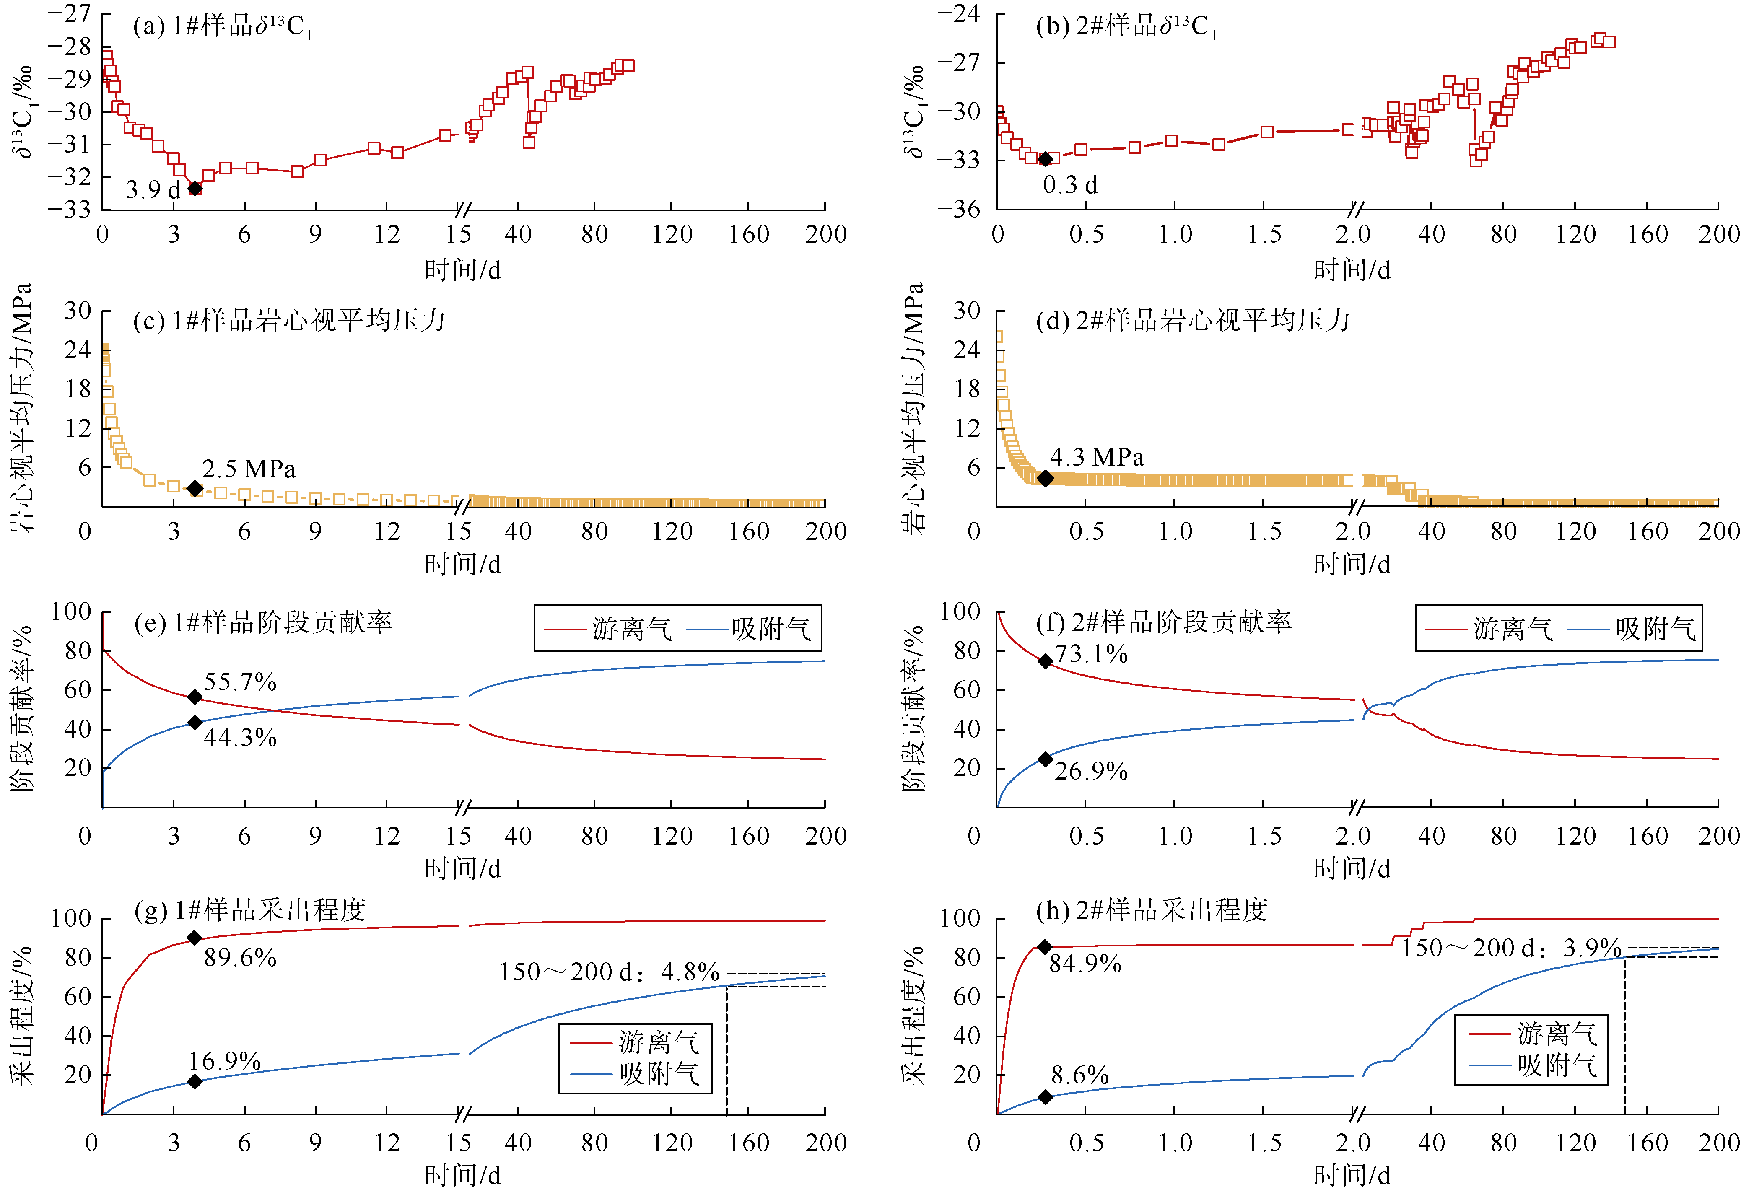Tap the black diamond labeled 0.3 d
point(1045,159)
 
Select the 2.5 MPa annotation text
point(249,469)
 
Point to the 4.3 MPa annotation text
point(1097,457)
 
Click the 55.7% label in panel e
point(240,682)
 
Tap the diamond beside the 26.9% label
point(1045,759)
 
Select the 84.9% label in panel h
point(1085,964)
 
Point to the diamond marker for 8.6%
point(1045,1097)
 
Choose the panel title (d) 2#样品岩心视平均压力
point(1193,321)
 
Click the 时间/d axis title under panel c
point(462,564)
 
